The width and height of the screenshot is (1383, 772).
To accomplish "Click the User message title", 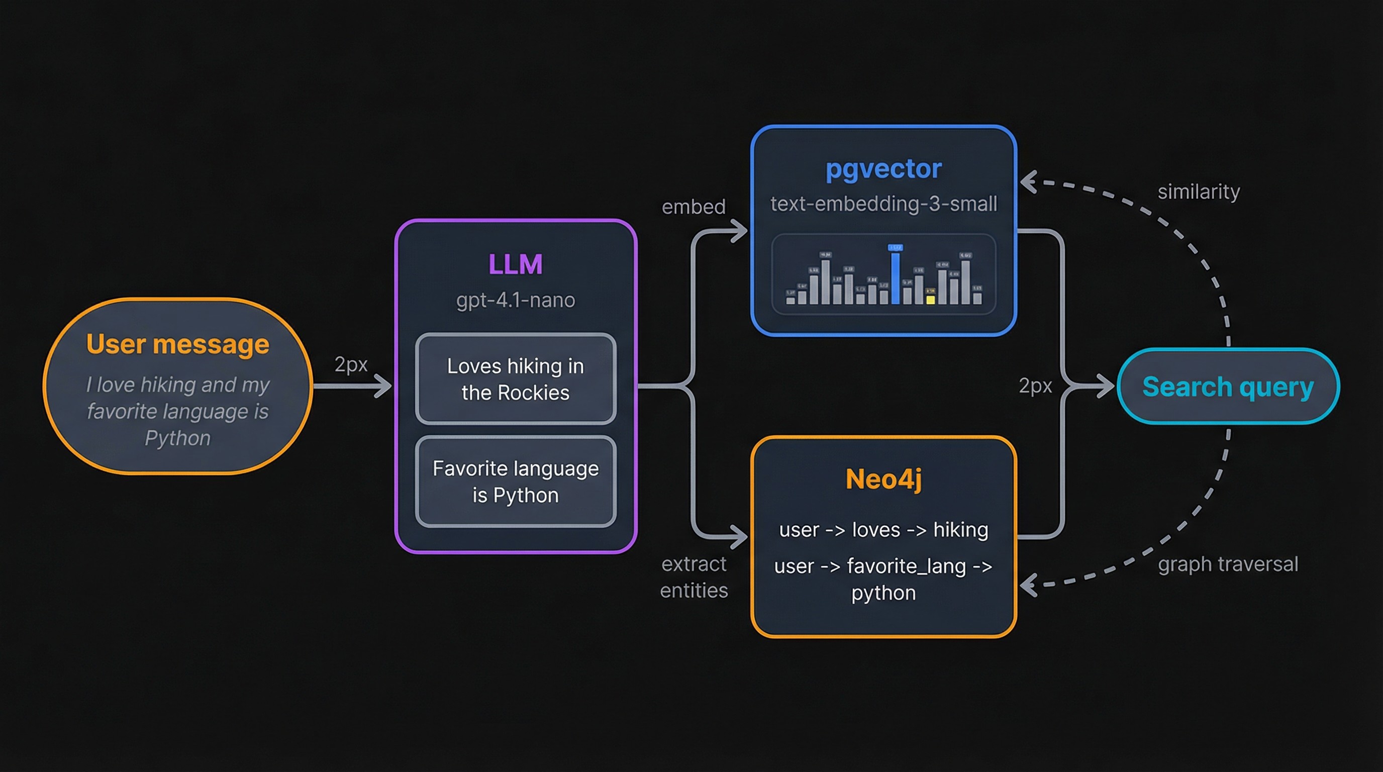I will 178,344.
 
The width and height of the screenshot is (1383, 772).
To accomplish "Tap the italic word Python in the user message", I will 178,438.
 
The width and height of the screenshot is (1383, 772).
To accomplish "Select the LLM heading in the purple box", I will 516,264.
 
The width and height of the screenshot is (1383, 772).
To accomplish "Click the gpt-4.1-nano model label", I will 516,300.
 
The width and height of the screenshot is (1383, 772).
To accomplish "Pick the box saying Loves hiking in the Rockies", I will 516,379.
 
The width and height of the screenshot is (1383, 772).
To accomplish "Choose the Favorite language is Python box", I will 516,481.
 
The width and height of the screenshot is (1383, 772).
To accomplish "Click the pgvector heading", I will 883,168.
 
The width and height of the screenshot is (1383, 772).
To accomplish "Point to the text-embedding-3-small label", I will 883,204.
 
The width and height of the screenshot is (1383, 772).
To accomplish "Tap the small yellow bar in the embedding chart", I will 930,299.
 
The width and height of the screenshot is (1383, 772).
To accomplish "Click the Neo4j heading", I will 883,479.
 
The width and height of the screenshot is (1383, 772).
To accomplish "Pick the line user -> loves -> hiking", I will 883,530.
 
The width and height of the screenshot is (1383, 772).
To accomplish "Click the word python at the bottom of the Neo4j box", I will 883,593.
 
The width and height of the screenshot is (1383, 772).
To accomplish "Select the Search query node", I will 1228,387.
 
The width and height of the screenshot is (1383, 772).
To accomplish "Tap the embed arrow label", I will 693,207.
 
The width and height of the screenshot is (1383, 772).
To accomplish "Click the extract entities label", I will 694,577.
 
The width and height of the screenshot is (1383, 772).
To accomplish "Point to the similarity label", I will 1198,191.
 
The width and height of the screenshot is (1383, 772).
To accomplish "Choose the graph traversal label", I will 1227,564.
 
